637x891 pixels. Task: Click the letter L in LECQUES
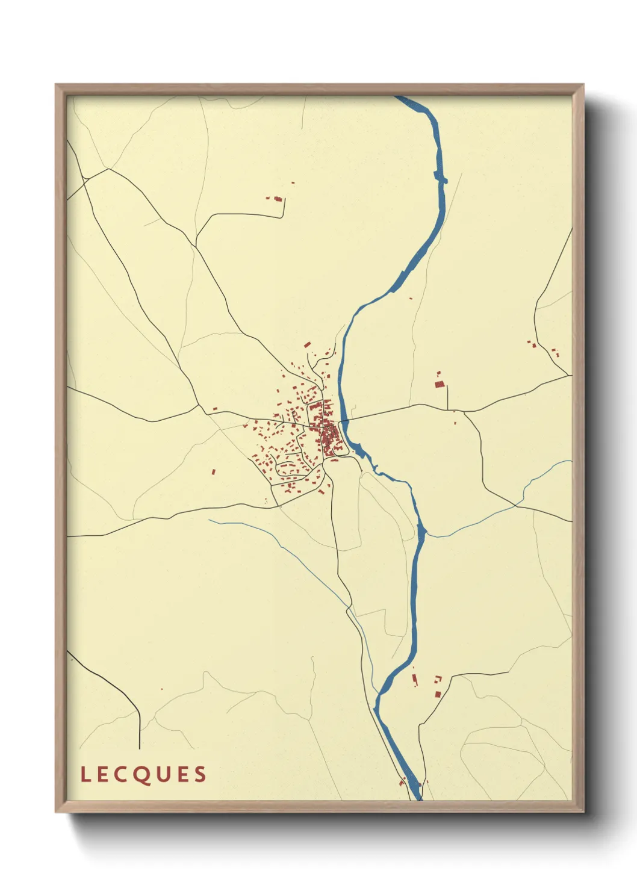click(x=85, y=774)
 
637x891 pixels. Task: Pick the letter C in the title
click(x=123, y=774)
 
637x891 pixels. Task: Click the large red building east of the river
click(x=439, y=383)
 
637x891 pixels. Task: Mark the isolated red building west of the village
click(x=213, y=472)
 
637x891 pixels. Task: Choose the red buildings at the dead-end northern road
click(x=278, y=198)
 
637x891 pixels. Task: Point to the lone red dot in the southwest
click(x=161, y=689)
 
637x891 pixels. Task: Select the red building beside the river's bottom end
click(x=402, y=783)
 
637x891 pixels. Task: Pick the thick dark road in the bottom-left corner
click(x=114, y=692)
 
